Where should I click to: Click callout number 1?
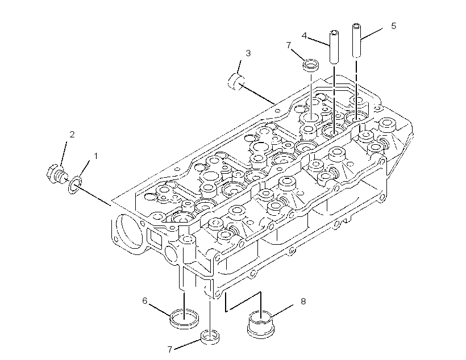(95, 156)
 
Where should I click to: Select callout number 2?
(72, 135)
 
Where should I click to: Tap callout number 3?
(248, 53)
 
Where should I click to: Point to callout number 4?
(304, 36)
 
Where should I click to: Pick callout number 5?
(393, 26)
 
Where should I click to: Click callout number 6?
(145, 301)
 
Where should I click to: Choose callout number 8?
(303, 302)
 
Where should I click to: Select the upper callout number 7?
(289, 45)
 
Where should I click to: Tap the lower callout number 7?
(170, 350)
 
